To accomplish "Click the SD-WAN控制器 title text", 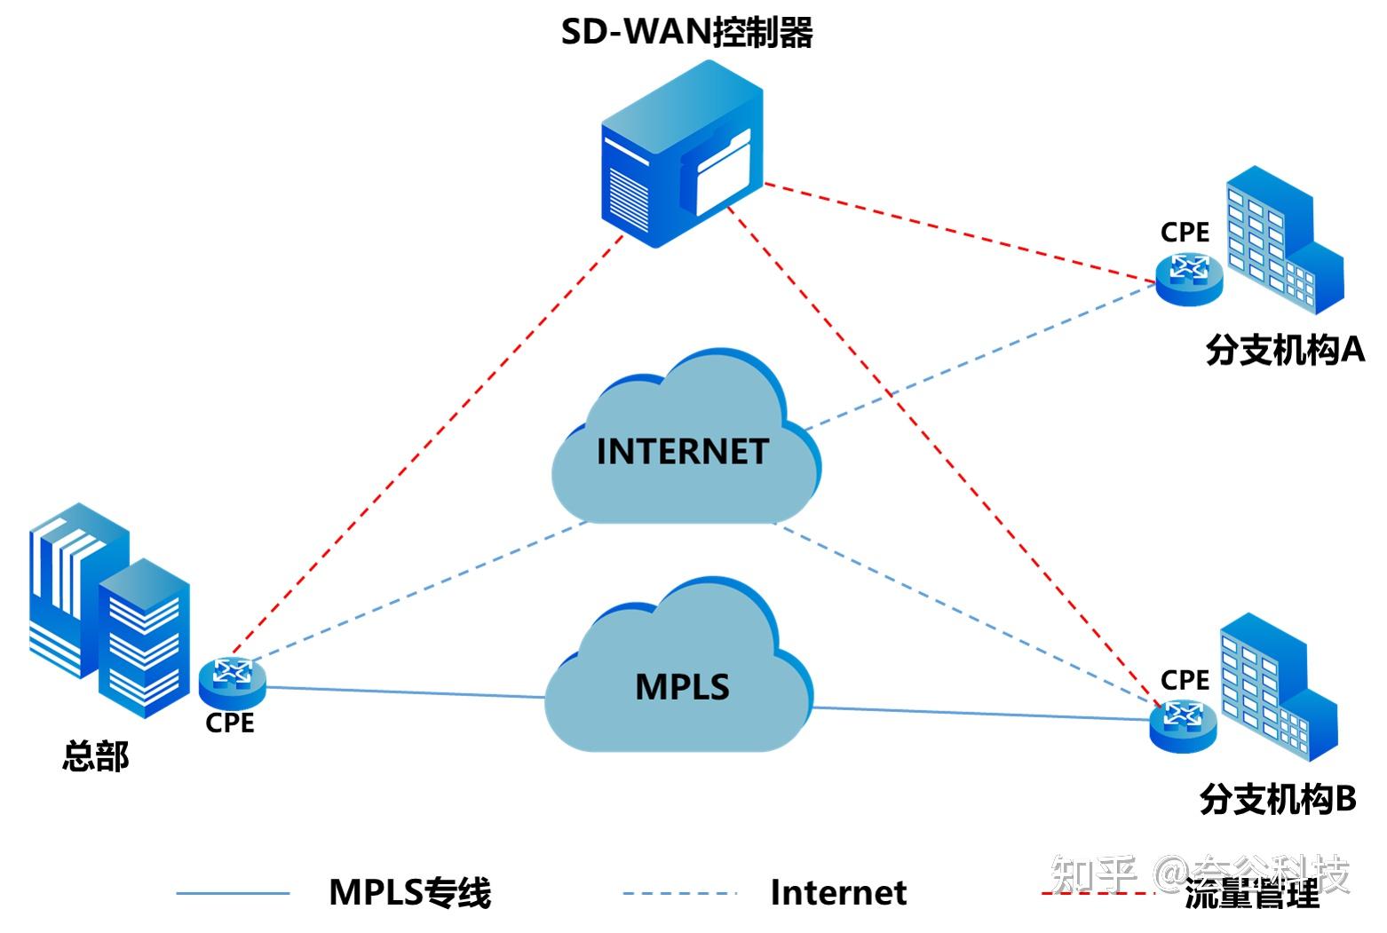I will coord(686,32).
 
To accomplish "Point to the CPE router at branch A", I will coord(1189,277).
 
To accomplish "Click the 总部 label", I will coord(96,755).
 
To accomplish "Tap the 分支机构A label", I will coord(1284,350).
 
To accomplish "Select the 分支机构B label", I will coord(1278,798).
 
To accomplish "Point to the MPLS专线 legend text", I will coord(409,891).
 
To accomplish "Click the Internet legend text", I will coord(838,891).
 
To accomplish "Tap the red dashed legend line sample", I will coord(1097,892).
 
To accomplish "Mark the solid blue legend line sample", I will coord(234,892).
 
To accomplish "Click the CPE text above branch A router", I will coord(1185,233).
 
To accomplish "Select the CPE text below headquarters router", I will coord(230,723).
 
